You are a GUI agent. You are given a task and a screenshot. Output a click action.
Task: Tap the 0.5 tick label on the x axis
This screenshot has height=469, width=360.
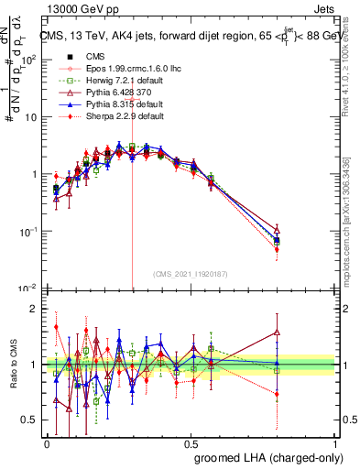191,443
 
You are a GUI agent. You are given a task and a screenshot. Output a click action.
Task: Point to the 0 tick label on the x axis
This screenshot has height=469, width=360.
48,443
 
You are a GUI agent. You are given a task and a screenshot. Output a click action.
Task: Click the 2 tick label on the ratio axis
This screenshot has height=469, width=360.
34,310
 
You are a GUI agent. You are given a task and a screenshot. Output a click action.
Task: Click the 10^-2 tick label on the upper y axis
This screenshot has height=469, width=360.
28,289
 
